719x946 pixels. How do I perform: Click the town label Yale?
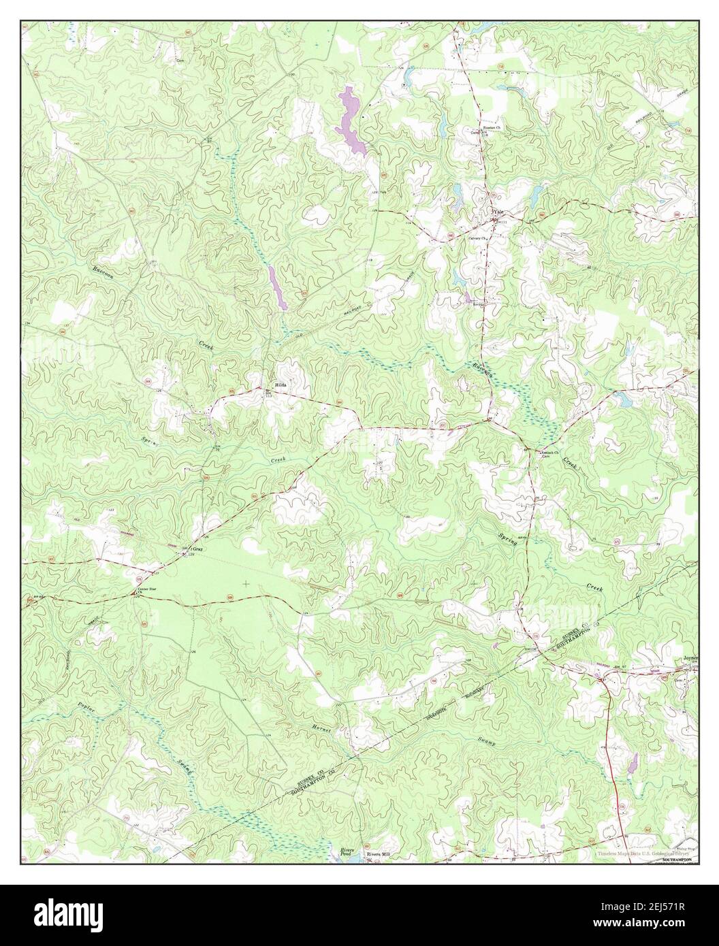(x=499, y=212)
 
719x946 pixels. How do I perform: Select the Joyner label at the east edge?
(x=689, y=659)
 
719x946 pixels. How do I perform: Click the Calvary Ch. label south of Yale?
(x=477, y=239)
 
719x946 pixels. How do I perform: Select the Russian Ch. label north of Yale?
(x=492, y=128)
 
